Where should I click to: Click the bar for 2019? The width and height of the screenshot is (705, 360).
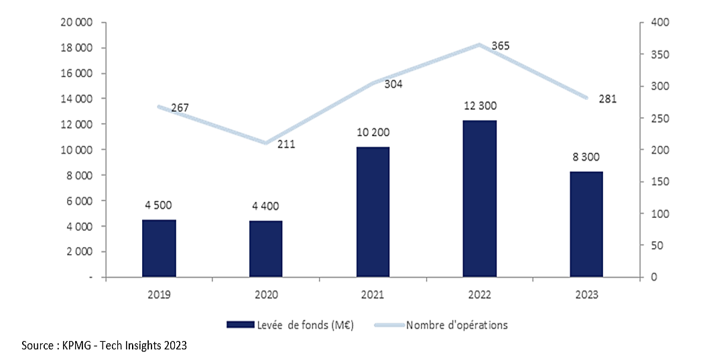tap(159, 248)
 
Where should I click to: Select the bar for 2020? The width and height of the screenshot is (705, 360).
tap(265, 249)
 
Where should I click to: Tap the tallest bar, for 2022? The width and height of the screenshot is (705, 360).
tap(479, 198)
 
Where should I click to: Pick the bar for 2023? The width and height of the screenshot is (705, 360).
tap(586, 224)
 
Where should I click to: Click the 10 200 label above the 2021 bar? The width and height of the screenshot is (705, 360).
tap(373, 133)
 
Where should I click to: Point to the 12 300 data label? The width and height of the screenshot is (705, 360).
tap(480, 106)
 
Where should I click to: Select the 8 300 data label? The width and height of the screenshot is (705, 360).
tap(586, 158)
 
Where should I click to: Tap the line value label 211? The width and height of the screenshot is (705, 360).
tap(286, 144)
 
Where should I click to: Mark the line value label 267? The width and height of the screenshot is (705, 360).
tap(180, 107)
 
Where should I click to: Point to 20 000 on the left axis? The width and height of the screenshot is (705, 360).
tap(77, 23)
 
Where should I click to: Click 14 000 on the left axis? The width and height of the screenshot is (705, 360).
tap(77, 99)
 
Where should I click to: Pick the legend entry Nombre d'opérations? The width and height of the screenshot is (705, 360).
tap(456, 325)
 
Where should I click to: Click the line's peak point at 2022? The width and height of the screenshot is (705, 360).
tap(479, 45)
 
